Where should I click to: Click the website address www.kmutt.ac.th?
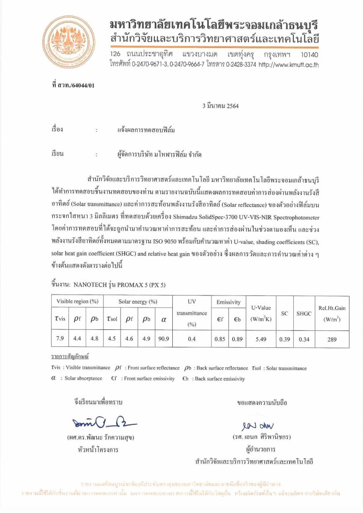point(288,64)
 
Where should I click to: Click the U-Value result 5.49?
point(261,339)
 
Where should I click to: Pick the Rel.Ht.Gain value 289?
point(332,339)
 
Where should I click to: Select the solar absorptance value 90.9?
point(163,339)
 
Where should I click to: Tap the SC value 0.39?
point(284,339)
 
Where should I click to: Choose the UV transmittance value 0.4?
point(191,339)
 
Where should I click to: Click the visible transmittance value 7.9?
point(60,339)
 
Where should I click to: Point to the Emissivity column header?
point(228,302)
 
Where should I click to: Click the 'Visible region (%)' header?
point(77,302)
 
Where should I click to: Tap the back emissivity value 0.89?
point(237,339)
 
